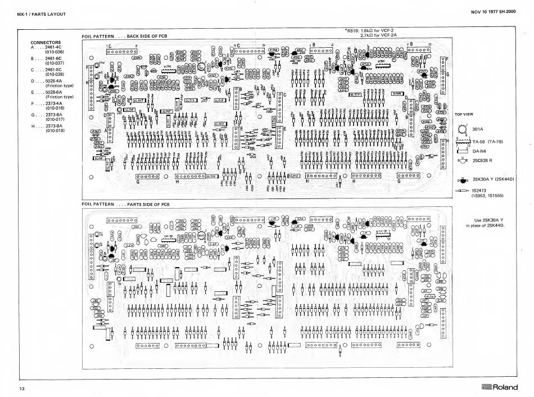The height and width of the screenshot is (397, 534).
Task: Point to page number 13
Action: [21, 389]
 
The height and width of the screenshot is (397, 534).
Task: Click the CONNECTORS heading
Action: [45, 42]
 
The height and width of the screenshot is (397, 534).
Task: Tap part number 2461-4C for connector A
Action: [53, 47]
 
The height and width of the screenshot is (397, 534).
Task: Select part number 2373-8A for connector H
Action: [53, 126]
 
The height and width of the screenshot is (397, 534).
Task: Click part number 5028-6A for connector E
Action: [53, 92]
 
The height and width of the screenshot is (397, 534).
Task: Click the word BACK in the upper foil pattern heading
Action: [133, 36]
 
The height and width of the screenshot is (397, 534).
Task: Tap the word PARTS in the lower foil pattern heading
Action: [137, 203]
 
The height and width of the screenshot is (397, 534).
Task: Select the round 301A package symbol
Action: [462, 129]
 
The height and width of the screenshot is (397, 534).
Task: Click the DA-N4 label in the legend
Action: [479, 151]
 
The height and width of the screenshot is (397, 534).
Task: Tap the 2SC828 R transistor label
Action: [485, 161]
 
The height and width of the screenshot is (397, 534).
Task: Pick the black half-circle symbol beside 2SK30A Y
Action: [462, 181]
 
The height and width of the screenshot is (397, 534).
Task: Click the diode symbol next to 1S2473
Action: [463, 192]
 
